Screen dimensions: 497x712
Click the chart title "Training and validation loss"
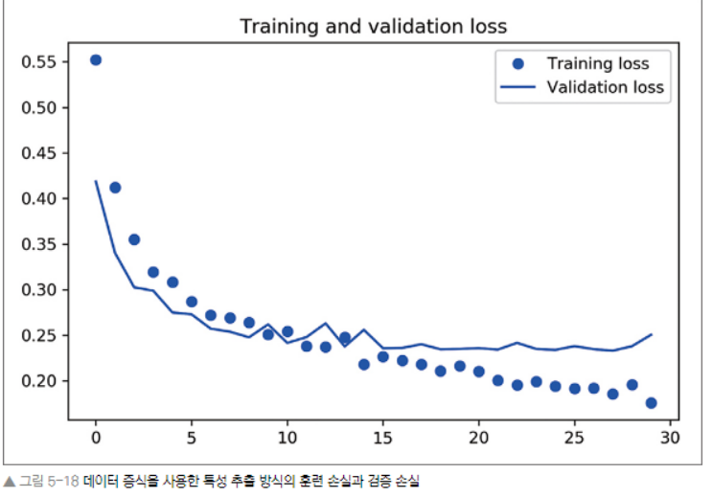point(373,26)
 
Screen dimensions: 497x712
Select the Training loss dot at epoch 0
point(96,60)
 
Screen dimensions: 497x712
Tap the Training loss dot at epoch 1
point(115,188)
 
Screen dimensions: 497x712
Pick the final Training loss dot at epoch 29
point(651,403)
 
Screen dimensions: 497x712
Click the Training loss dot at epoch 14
point(364,364)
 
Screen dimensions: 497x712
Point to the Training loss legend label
point(597,64)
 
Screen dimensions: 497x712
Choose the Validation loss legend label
point(605,87)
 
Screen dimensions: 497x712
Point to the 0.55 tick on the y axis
point(39,62)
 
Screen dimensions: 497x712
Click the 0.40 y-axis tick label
point(39,199)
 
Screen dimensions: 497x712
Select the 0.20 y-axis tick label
point(39,381)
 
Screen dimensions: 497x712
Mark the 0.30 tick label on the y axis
point(39,290)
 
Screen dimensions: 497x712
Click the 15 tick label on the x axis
point(382,438)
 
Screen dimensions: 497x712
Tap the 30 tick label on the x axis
point(670,438)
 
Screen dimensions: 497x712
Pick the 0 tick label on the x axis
point(96,438)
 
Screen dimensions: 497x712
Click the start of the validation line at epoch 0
point(96,181)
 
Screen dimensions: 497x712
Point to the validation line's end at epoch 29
point(651,334)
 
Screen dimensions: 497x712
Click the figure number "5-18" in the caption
point(65,480)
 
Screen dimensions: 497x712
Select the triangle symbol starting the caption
point(9,480)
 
